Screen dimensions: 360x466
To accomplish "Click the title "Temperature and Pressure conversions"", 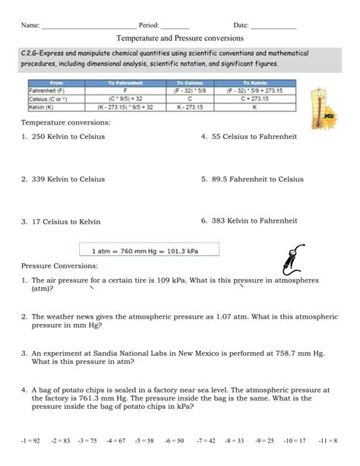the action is tap(180, 37).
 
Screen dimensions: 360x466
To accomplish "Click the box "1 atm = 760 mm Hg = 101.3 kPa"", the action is tap(149, 249).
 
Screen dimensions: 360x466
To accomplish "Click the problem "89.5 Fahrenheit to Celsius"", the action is tap(257, 179).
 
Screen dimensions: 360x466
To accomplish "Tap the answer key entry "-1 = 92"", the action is tap(33, 441).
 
